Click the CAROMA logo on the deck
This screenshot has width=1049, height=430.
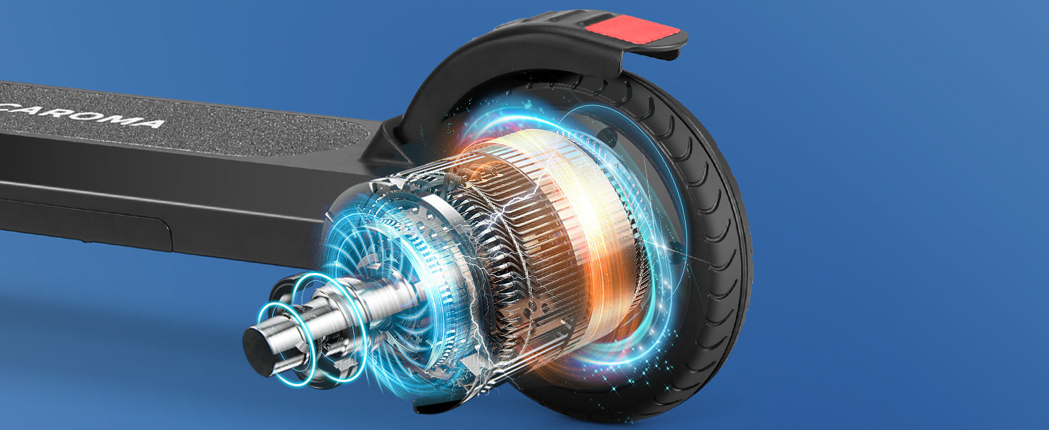pos(82,115)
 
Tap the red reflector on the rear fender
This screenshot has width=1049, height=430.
pos(632,29)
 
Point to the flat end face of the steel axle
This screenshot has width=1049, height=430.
pos(257,350)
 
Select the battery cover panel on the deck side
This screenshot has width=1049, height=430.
pos(85,225)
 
